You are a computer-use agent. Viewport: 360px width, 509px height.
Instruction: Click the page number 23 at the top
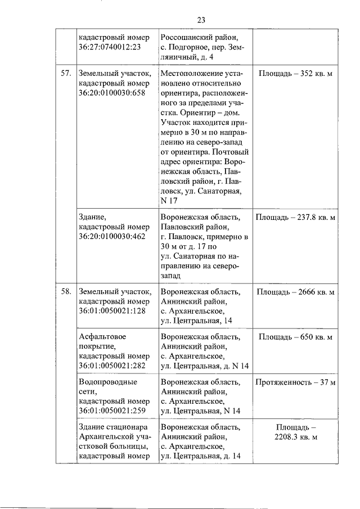click(x=201, y=20)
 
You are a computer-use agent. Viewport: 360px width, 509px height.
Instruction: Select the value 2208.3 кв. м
click(x=296, y=436)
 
